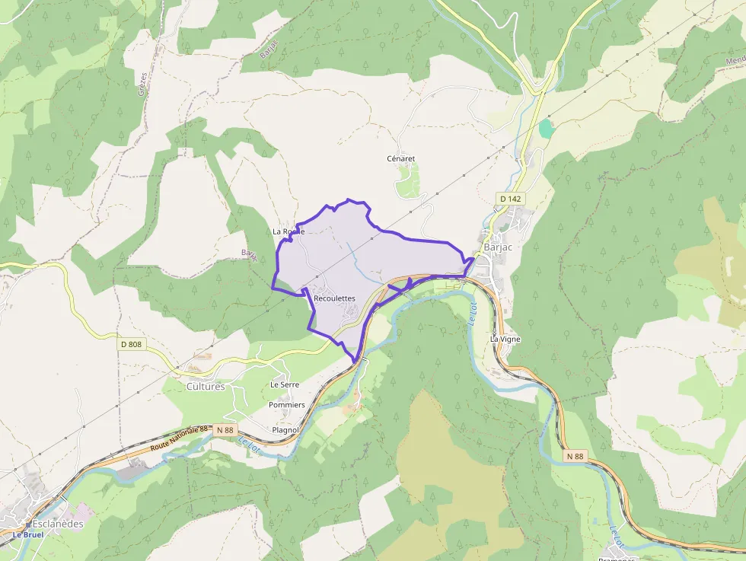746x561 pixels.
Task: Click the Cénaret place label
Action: (x=401, y=159)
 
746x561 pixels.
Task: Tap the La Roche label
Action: (x=289, y=231)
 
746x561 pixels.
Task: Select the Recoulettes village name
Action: (x=334, y=298)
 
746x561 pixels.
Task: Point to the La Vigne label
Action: (x=505, y=339)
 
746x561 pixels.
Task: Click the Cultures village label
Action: (x=206, y=387)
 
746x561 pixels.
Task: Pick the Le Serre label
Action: (x=285, y=385)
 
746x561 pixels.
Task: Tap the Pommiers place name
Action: (x=286, y=405)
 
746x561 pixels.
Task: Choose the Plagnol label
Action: (x=285, y=430)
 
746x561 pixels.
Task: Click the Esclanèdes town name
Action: (x=57, y=524)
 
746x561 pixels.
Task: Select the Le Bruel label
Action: (x=27, y=535)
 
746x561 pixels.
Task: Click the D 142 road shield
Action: (x=511, y=199)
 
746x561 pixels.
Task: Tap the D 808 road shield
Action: (x=131, y=344)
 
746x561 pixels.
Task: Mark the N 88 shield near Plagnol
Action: (x=225, y=430)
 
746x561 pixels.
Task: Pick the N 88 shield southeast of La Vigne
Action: (x=575, y=456)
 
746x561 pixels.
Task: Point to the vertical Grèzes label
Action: (x=142, y=97)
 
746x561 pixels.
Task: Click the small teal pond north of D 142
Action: (x=546, y=129)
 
